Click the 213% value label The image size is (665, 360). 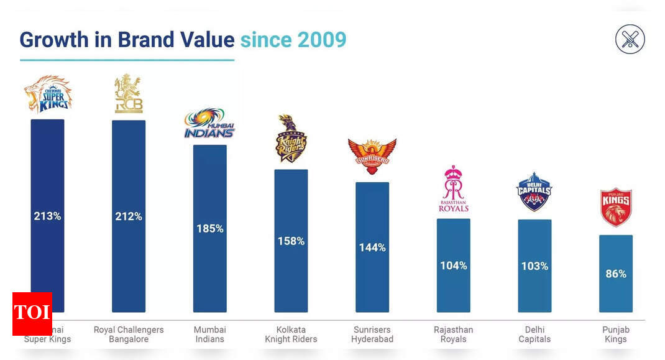point(47,216)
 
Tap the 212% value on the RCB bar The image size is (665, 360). point(129,216)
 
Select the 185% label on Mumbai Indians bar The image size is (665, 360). point(210,228)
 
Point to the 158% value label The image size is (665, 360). point(291,241)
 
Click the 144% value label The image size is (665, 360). point(372,247)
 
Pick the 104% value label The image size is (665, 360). point(454,265)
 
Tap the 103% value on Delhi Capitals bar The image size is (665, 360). point(534,266)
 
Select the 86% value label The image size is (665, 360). point(616,274)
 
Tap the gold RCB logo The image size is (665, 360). point(129,94)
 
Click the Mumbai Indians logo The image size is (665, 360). point(210,124)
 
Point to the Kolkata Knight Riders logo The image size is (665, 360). point(291,139)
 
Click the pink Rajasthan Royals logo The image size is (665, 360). point(454,189)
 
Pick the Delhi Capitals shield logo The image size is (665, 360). point(534,192)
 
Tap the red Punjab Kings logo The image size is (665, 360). point(616,207)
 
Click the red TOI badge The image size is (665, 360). point(32,313)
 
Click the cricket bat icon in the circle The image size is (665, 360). point(630,40)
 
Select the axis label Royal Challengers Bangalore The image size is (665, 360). point(129,335)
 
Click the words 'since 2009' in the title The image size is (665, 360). point(293,40)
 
